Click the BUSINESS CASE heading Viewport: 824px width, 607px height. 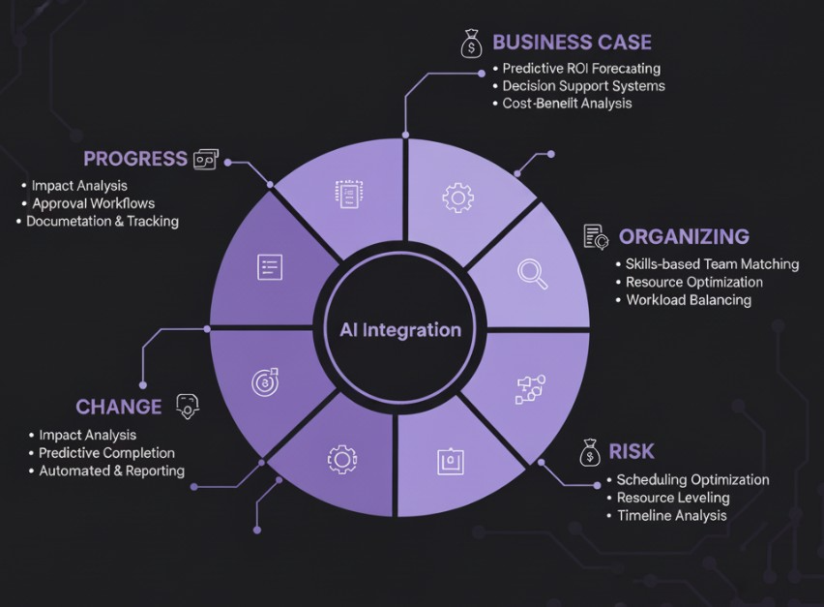(572, 43)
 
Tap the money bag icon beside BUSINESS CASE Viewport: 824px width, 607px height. (471, 43)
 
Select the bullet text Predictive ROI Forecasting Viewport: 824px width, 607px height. (581, 69)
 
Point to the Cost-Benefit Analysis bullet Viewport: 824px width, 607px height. (567, 104)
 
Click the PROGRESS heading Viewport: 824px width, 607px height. (135, 159)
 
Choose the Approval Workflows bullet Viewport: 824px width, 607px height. (93, 203)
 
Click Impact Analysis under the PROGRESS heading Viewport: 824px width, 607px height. (79, 185)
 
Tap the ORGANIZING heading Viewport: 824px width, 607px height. (684, 236)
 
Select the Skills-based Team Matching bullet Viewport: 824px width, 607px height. (712, 264)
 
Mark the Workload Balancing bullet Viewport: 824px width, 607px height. (688, 300)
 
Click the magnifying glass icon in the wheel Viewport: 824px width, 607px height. (532, 273)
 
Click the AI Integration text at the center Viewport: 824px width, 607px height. (400, 330)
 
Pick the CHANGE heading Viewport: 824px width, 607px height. (119, 407)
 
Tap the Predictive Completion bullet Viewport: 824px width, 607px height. (106, 453)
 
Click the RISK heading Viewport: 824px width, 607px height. (631, 451)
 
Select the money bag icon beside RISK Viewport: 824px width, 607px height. (589, 452)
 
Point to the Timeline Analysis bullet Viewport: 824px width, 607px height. (671, 515)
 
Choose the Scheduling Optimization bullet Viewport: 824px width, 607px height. (692, 479)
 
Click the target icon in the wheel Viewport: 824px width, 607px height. (265, 381)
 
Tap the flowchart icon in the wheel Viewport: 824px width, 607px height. (531, 388)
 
